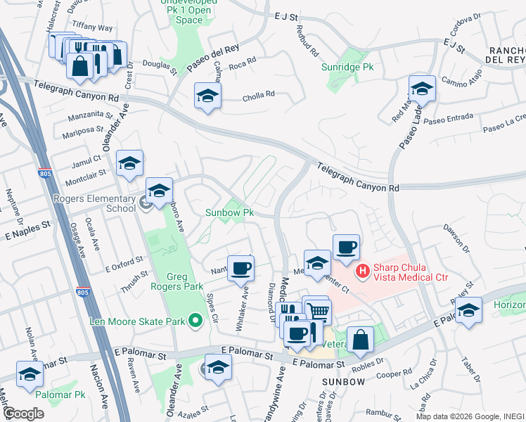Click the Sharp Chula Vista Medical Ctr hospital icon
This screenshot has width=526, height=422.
363,269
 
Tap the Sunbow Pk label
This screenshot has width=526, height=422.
229,212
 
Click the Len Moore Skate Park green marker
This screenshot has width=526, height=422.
196,321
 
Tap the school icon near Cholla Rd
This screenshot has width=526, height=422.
207,96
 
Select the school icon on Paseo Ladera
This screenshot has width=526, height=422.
422,89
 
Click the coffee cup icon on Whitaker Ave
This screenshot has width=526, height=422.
240,268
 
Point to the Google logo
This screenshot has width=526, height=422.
23,414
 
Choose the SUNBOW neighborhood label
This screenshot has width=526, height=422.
343,381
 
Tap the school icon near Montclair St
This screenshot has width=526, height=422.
129,164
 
